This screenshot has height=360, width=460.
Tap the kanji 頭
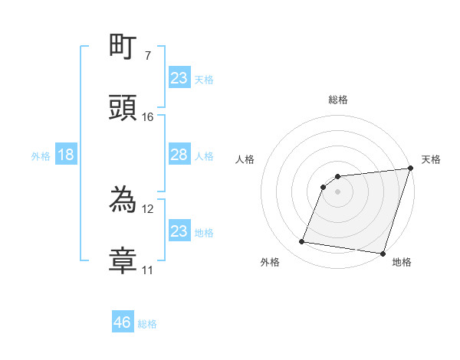click(x=124, y=108)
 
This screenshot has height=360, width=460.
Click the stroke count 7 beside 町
click(x=147, y=56)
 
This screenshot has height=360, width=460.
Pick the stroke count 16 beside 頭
click(x=148, y=116)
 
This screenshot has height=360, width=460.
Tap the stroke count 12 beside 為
click(x=148, y=208)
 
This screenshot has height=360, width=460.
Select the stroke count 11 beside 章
click(x=148, y=270)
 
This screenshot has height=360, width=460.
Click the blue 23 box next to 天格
click(x=179, y=78)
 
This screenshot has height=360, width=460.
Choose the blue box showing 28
click(x=179, y=155)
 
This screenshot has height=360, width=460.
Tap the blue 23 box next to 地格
click(x=179, y=231)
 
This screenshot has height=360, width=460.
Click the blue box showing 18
click(x=66, y=155)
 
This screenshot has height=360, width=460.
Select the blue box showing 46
click(x=123, y=322)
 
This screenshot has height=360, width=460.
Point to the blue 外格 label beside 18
click(x=41, y=155)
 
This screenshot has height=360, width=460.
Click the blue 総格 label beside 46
click(x=147, y=324)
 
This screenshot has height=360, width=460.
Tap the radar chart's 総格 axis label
click(x=338, y=100)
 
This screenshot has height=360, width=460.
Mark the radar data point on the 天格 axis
click(x=410, y=170)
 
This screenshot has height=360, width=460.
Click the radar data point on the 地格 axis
click(x=383, y=254)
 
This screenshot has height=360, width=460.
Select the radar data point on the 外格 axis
click(x=302, y=242)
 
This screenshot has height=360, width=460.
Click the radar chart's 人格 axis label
click(x=245, y=159)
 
